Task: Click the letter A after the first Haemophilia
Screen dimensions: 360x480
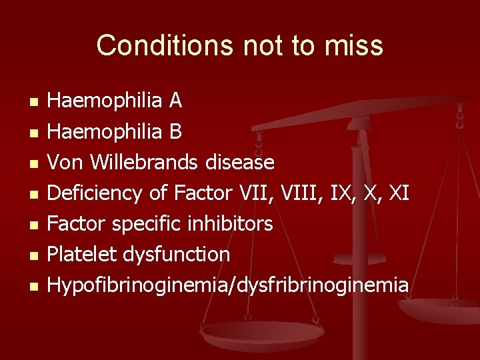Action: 175,101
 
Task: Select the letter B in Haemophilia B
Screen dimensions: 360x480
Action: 175,131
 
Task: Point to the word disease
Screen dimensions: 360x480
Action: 240,162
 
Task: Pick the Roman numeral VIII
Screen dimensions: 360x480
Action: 299,193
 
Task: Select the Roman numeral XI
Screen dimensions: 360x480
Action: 399,193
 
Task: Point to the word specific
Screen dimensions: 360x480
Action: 142,223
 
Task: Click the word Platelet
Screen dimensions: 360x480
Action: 79,254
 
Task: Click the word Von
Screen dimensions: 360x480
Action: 63,162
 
